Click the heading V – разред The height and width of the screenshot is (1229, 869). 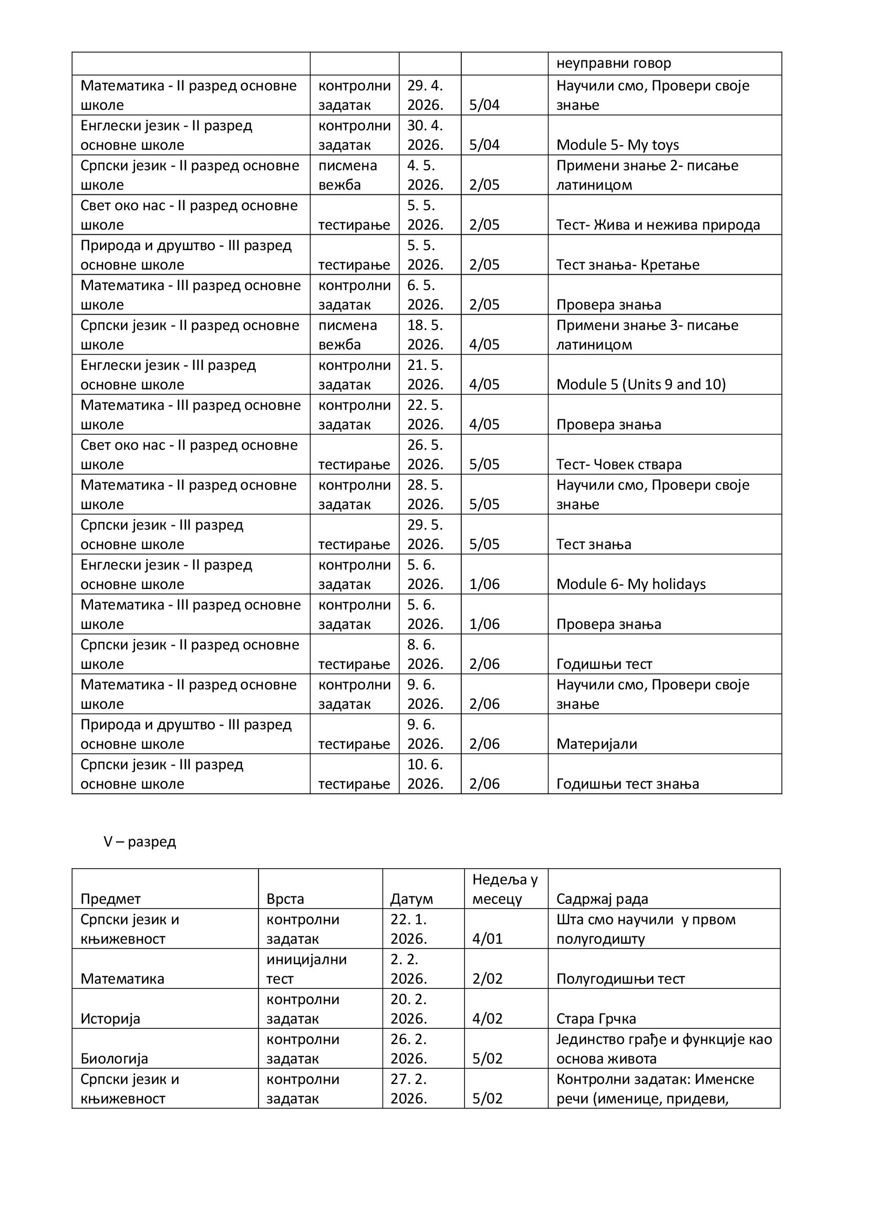pyautogui.click(x=140, y=842)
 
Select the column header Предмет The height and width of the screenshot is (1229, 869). pyautogui.click(x=110, y=898)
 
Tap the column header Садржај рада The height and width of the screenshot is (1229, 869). pyautogui.click(x=602, y=898)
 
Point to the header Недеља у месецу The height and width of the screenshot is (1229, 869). pyautogui.click(x=504, y=889)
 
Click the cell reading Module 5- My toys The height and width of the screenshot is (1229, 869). pyautogui.click(x=617, y=144)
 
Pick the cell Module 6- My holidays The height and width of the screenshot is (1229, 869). pyautogui.click(x=631, y=584)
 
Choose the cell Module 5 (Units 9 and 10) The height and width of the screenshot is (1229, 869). pyautogui.click(x=640, y=384)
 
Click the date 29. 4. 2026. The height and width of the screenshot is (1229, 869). pyautogui.click(x=426, y=95)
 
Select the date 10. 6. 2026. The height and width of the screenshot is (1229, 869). pyautogui.click(x=426, y=774)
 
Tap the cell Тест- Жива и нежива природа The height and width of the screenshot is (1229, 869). pyautogui.click(x=658, y=225)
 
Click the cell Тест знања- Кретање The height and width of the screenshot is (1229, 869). pyautogui.click(x=628, y=264)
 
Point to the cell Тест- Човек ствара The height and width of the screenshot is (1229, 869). pyautogui.click(x=618, y=464)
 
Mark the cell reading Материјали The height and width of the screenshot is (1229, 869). pyautogui.click(x=597, y=743)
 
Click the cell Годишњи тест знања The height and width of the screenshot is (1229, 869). pyautogui.click(x=627, y=783)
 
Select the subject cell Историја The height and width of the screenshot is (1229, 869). pyautogui.click(x=110, y=1018)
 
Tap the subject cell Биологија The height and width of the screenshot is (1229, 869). pyautogui.click(x=114, y=1058)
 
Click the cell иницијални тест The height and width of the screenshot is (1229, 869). pyautogui.click(x=306, y=969)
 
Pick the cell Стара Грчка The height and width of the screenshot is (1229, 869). pyautogui.click(x=596, y=1018)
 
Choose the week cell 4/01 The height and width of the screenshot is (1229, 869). pyautogui.click(x=487, y=938)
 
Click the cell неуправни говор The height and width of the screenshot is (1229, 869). pyautogui.click(x=613, y=63)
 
